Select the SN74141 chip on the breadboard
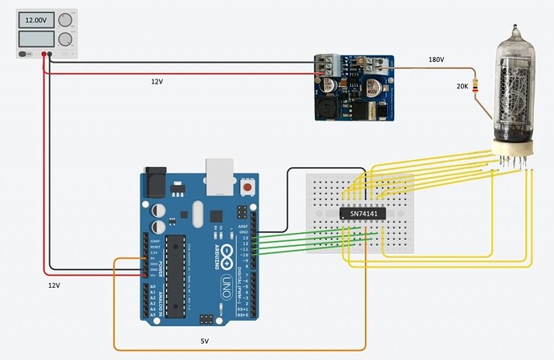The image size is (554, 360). pos(360,215)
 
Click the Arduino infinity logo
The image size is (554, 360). pos(227,255)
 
